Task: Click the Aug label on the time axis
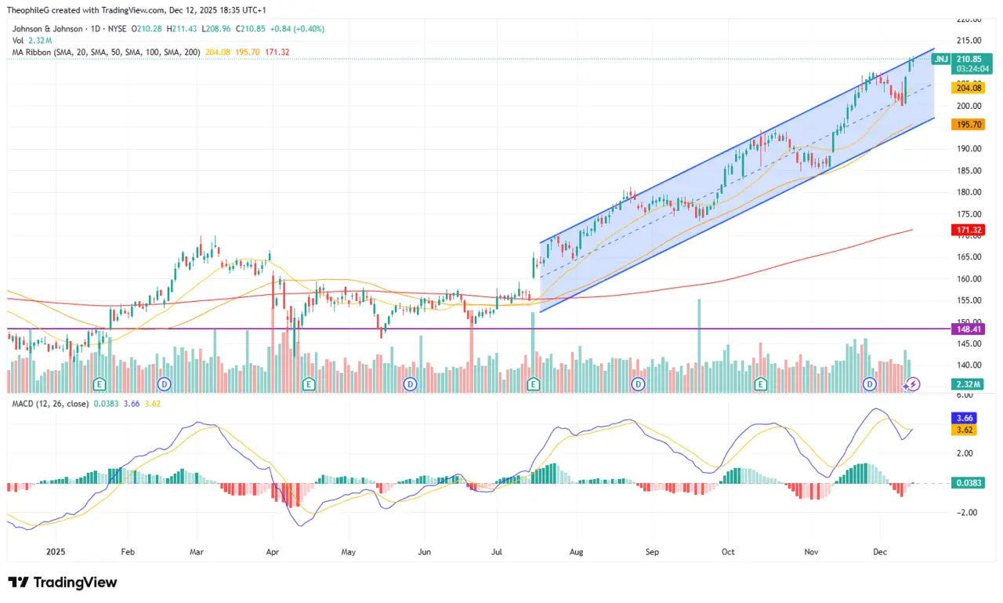point(577,551)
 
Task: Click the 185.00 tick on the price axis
point(970,170)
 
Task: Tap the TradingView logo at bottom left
point(63,583)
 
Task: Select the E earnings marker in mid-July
point(534,383)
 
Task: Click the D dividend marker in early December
point(869,383)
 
